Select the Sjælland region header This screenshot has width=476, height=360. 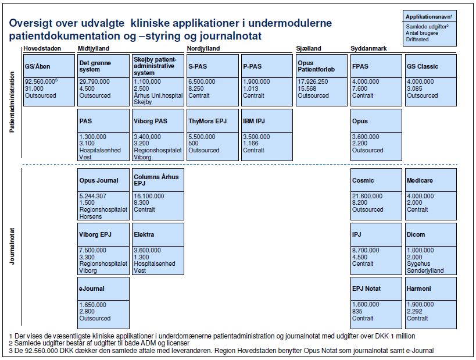[x=309, y=48]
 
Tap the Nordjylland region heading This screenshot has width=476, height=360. [x=204, y=48]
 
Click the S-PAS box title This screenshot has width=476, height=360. [x=199, y=66]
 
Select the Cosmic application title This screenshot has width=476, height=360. [x=363, y=180]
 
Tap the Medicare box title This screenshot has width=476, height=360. [x=420, y=180]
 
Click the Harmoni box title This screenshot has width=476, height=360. [x=419, y=288]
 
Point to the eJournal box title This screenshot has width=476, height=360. [x=92, y=288]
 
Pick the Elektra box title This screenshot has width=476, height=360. [x=144, y=234]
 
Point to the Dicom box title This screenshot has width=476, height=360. [x=416, y=234]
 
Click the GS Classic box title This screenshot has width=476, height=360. [x=423, y=66]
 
